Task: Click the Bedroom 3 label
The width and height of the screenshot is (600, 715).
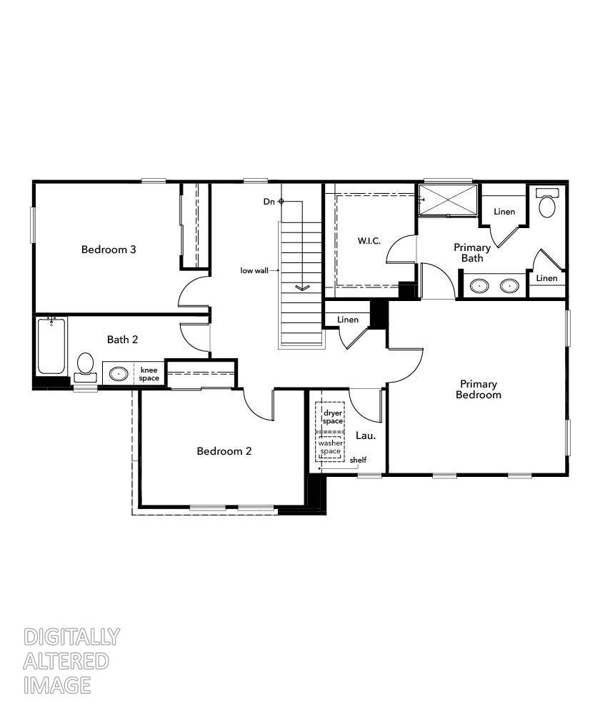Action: (x=109, y=250)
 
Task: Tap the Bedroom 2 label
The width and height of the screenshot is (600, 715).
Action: (x=224, y=451)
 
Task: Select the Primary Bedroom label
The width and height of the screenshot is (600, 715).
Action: (x=479, y=389)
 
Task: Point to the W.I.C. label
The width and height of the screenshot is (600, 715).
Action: (x=371, y=241)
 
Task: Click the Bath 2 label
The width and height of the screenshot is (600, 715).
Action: (x=123, y=339)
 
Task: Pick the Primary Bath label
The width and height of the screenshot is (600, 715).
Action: (x=472, y=252)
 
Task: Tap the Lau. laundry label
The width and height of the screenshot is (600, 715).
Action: (x=366, y=435)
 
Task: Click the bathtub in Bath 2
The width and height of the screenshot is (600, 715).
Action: (x=51, y=346)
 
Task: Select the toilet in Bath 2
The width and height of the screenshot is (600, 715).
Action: (x=85, y=365)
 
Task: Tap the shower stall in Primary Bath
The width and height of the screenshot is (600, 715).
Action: (x=448, y=199)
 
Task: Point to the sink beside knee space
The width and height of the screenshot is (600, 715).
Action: (x=119, y=374)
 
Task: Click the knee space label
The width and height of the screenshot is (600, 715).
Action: (x=149, y=374)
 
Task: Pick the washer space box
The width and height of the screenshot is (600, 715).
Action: (x=330, y=448)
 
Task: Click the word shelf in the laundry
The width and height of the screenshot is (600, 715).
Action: (x=358, y=460)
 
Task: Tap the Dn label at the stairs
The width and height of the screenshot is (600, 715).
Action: (x=269, y=202)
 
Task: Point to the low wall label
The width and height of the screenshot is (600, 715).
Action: (x=254, y=270)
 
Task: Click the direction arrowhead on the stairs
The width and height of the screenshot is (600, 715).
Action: (x=301, y=287)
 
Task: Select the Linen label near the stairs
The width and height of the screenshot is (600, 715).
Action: (x=348, y=320)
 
